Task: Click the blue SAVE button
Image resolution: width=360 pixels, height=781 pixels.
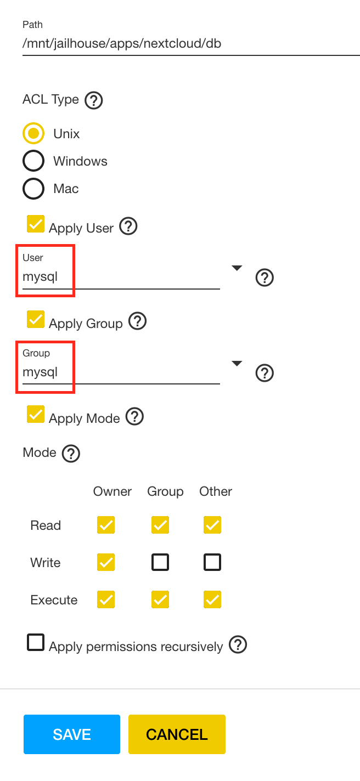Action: click(x=71, y=734)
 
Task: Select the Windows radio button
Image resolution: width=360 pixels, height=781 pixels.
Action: click(x=33, y=161)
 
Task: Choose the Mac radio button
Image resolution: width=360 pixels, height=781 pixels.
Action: click(x=33, y=189)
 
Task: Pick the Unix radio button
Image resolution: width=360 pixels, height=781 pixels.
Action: click(x=33, y=134)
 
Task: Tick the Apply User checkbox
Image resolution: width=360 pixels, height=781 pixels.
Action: click(x=36, y=224)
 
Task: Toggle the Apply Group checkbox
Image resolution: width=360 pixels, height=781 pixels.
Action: click(x=36, y=320)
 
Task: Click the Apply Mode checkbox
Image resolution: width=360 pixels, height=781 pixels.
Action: click(x=36, y=415)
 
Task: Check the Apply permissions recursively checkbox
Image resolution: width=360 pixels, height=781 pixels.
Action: click(x=36, y=643)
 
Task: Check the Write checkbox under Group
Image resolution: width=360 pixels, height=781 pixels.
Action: click(x=160, y=562)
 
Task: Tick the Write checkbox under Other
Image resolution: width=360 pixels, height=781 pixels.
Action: click(x=212, y=562)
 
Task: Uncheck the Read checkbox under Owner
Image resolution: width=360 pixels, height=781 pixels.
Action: click(x=106, y=525)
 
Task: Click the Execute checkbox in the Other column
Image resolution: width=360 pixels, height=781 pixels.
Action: click(x=212, y=599)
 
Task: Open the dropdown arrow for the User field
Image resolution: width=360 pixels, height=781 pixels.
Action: click(x=237, y=268)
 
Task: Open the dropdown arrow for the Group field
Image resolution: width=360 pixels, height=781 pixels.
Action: click(x=237, y=364)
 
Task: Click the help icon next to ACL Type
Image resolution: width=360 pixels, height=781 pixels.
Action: click(x=94, y=100)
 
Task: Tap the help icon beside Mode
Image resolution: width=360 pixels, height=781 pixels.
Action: click(x=71, y=454)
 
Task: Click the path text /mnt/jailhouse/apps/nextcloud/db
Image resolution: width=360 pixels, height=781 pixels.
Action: click(x=122, y=43)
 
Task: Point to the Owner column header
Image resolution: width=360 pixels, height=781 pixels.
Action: click(x=113, y=491)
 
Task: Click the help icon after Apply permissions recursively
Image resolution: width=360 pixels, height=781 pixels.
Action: click(x=238, y=644)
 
